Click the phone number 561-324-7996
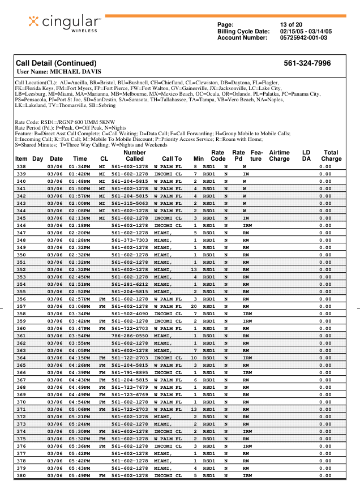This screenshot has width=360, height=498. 307,63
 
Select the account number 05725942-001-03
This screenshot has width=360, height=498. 303,38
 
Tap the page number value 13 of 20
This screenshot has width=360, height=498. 291,25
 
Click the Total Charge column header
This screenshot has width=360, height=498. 331,156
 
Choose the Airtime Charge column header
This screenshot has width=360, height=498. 279,156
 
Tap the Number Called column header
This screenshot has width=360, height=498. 134,156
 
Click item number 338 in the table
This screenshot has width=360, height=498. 22,167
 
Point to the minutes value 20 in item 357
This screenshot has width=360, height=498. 194,306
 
